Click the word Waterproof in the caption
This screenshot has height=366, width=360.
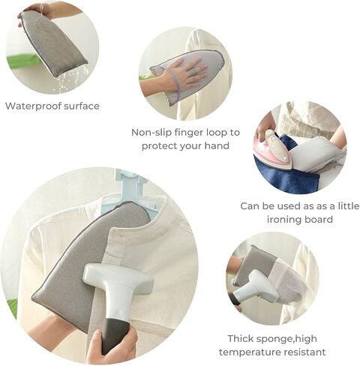pos(33,106)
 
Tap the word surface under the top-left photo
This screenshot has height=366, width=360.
pos(82,106)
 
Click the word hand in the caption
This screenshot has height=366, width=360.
pos(217,145)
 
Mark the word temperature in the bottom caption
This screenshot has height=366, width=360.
pos(250,352)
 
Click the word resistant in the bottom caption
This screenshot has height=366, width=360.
pos(304,352)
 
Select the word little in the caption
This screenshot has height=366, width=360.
pos(349,206)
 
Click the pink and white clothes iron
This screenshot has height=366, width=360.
pos(274,151)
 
